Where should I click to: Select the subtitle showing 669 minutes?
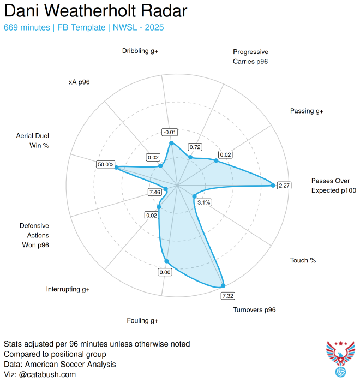(x=84, y=27)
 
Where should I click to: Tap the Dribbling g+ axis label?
(x=140, y=51)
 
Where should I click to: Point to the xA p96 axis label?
(x=79, y=82)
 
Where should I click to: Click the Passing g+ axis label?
(x=307, y=111)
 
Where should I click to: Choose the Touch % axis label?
(x=303, y=260)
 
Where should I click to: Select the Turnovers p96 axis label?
(x=254, y=310)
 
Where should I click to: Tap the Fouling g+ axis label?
(x=142, y=320)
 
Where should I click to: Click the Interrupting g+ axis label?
(x=68, y=289)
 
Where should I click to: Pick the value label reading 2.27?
(x=284, y=186)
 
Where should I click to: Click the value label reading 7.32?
(x=228, y=295)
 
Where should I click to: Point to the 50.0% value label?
(x=105, y=164)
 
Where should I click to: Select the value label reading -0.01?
(x=170, y=132)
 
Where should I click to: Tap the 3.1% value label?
(x=204, y=202)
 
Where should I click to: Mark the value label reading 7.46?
(x=154, y=192)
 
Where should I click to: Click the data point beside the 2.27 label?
(x=273, y=186)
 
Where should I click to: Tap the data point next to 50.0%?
(x=116, y=168)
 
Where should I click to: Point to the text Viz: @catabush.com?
(x=40, y=374)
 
